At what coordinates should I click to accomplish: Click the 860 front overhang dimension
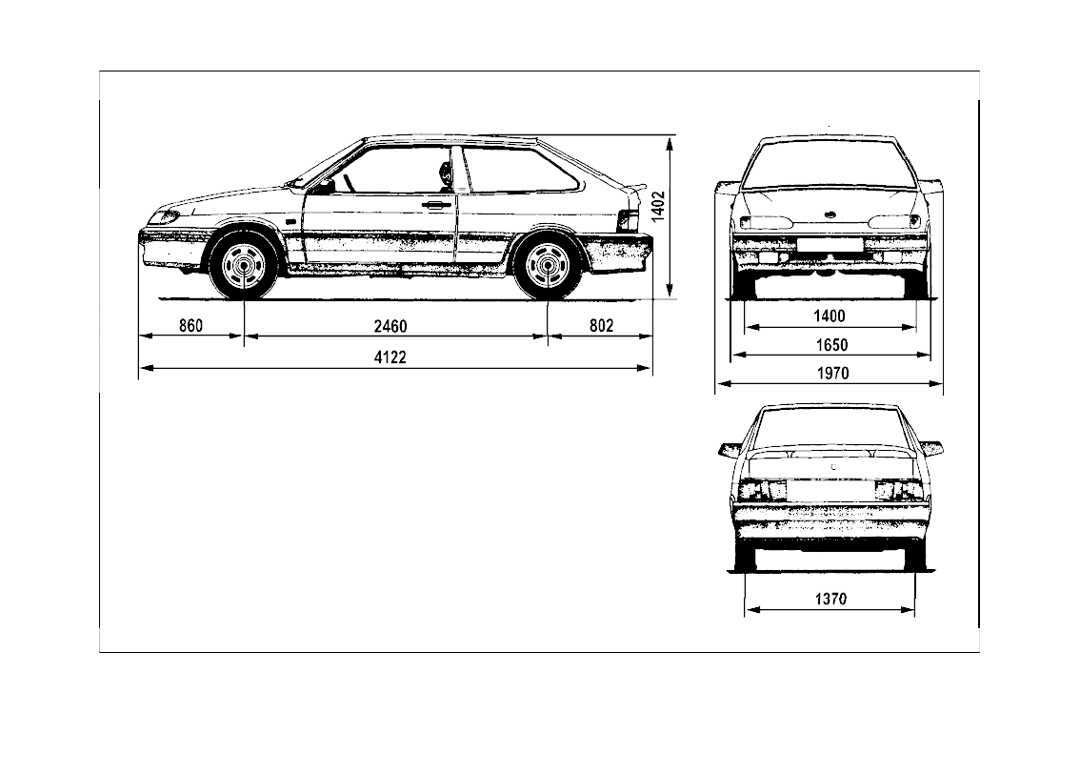click(x=191, y=326)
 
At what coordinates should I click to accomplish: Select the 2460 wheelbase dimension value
click(x=390, y=326)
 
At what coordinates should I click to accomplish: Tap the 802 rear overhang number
click(x=601, y=326)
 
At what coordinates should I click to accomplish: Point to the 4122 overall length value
click(x=390, y=356)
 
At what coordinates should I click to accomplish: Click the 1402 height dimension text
click(x=658, y=206)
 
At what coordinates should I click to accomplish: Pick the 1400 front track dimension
click(x=830, y=316)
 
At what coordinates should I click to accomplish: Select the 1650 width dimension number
click(x=830, y=344)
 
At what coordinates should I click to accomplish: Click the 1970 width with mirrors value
click(x=831, y=374)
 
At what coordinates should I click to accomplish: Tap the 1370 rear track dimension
click(x=830, y=600)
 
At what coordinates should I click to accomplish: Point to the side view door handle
click(x=436, y=203)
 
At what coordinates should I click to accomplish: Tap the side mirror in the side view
click(x=325, y=186)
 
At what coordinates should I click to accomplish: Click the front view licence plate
click(x=830, y=244)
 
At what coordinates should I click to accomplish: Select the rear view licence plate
click(x=830, y=490)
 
